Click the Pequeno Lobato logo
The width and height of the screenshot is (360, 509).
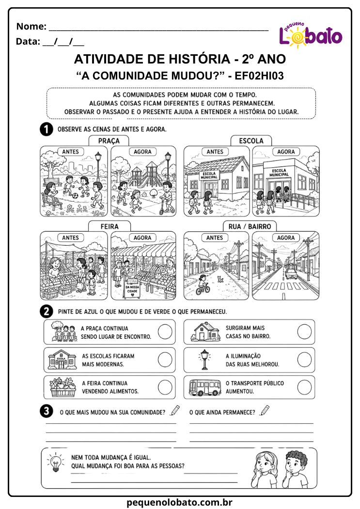(x=311, y=35)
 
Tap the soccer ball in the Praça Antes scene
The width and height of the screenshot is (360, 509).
(x=75, y=196)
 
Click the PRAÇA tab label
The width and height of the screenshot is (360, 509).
(x=109, y=141)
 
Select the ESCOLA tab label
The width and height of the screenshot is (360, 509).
(x=251, y=141)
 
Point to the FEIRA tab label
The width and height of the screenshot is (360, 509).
(x=110, y=226)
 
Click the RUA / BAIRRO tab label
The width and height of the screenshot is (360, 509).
(x=250, y=226)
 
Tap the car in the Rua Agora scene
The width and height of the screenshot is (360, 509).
(x=291, y=274)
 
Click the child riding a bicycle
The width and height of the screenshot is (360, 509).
(x=203, y=285)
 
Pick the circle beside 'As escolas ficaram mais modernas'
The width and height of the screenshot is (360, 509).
(x=165, y=360)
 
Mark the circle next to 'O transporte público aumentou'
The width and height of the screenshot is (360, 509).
(x=304, y=387)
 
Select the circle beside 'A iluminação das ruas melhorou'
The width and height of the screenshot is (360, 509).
(x=304, y=359)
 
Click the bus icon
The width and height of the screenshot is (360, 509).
(x=205, y=387)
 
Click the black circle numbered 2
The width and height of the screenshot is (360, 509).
(x=47, y=311)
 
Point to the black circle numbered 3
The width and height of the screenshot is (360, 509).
(x=47, y=411)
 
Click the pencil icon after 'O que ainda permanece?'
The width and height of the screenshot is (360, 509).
(x=265, y=410)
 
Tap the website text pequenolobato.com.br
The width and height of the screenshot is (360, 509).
(x=179, y=502)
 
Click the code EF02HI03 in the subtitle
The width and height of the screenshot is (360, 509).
(x=259, y=76)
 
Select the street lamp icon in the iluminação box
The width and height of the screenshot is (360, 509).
(x=204, y=359)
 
